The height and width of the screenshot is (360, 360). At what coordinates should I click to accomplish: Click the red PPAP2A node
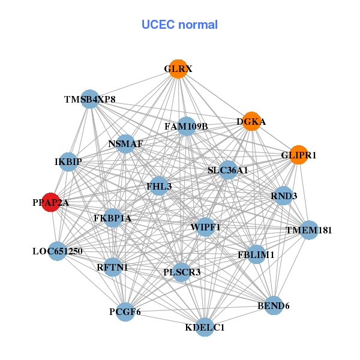pos(51,203)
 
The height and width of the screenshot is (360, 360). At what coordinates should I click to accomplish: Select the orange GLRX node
pos(178,69)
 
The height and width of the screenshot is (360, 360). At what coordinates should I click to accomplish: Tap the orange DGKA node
pos(251,121)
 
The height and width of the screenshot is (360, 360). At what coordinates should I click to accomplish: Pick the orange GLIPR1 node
pos(298,155)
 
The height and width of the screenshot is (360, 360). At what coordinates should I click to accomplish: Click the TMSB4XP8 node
pos(89,99)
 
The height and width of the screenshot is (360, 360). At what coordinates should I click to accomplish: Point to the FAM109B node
pos(186,126)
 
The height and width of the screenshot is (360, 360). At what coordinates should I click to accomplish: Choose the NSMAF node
pos(125,144)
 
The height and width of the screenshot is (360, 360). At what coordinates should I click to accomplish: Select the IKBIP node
pos(68,162)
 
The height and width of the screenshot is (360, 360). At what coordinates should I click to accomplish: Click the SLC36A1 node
pos(227,170)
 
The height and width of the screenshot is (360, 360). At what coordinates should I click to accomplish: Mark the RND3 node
pos(283,196)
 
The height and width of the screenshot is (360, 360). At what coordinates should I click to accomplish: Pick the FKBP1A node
pos(112,218)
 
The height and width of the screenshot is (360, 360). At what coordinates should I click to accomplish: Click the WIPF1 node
pos(205,227)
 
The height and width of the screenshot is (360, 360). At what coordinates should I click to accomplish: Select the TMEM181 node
pos(308,230)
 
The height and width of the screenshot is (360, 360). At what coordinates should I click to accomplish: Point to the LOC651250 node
pos(57,251)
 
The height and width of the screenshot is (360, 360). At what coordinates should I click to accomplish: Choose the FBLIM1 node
pos(256,254)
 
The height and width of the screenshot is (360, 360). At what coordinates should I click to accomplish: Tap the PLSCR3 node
pos(182,272)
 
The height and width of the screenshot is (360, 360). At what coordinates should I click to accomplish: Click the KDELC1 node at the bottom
pos(205,327)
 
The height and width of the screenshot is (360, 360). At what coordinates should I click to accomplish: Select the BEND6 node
pos(274,305)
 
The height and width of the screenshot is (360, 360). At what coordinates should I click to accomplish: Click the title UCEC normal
pos(179,25)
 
